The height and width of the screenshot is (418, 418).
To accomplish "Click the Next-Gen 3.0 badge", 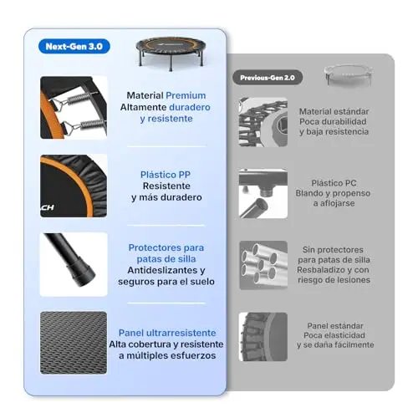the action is click(74, 46).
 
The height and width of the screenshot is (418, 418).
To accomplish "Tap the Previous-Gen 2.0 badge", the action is click(268, 78).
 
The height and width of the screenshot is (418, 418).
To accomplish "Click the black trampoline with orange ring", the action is click(171, 54).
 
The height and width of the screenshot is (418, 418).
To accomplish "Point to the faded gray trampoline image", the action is click(349, 75).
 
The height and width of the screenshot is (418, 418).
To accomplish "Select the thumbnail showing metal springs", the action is click(74, 108).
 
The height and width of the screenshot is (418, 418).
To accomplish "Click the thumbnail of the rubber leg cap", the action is click(74, 264).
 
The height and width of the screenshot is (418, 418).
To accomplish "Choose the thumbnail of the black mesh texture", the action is click(74, 343).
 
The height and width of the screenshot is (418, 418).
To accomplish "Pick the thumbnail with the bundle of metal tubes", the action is click(263, 265).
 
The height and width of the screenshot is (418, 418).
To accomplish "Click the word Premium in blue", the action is click(186, 95).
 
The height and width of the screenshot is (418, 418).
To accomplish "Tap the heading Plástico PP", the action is click(166, 175).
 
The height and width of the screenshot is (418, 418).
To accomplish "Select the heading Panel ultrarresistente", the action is click(167, 333).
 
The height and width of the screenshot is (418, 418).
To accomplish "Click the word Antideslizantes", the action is click(163, 270).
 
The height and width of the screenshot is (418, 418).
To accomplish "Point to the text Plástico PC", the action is click(334, 183).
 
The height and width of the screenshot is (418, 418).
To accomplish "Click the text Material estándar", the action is click(334, 111).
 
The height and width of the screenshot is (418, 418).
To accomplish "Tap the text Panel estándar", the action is click(335, 326).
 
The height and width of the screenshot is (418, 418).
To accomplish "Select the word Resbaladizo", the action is click(317, 270).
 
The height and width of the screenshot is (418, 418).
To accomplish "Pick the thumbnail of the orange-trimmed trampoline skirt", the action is click(74, 186).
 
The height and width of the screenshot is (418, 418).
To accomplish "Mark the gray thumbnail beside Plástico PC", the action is click(263, 193).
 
